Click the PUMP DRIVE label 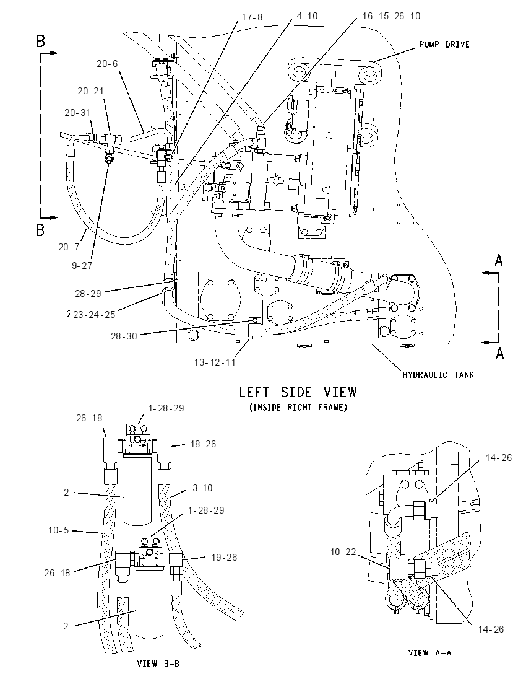coord(444,44)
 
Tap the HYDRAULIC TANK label coord(438,375)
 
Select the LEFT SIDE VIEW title coord(298,392)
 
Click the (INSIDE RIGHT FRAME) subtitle coord(298,407)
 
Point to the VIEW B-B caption coord(158,664)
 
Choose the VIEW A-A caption coord(429,652)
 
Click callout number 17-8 coord(252,17)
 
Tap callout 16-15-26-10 coord(391,16)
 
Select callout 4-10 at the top coord(307,16)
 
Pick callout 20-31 coord(77,113)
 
